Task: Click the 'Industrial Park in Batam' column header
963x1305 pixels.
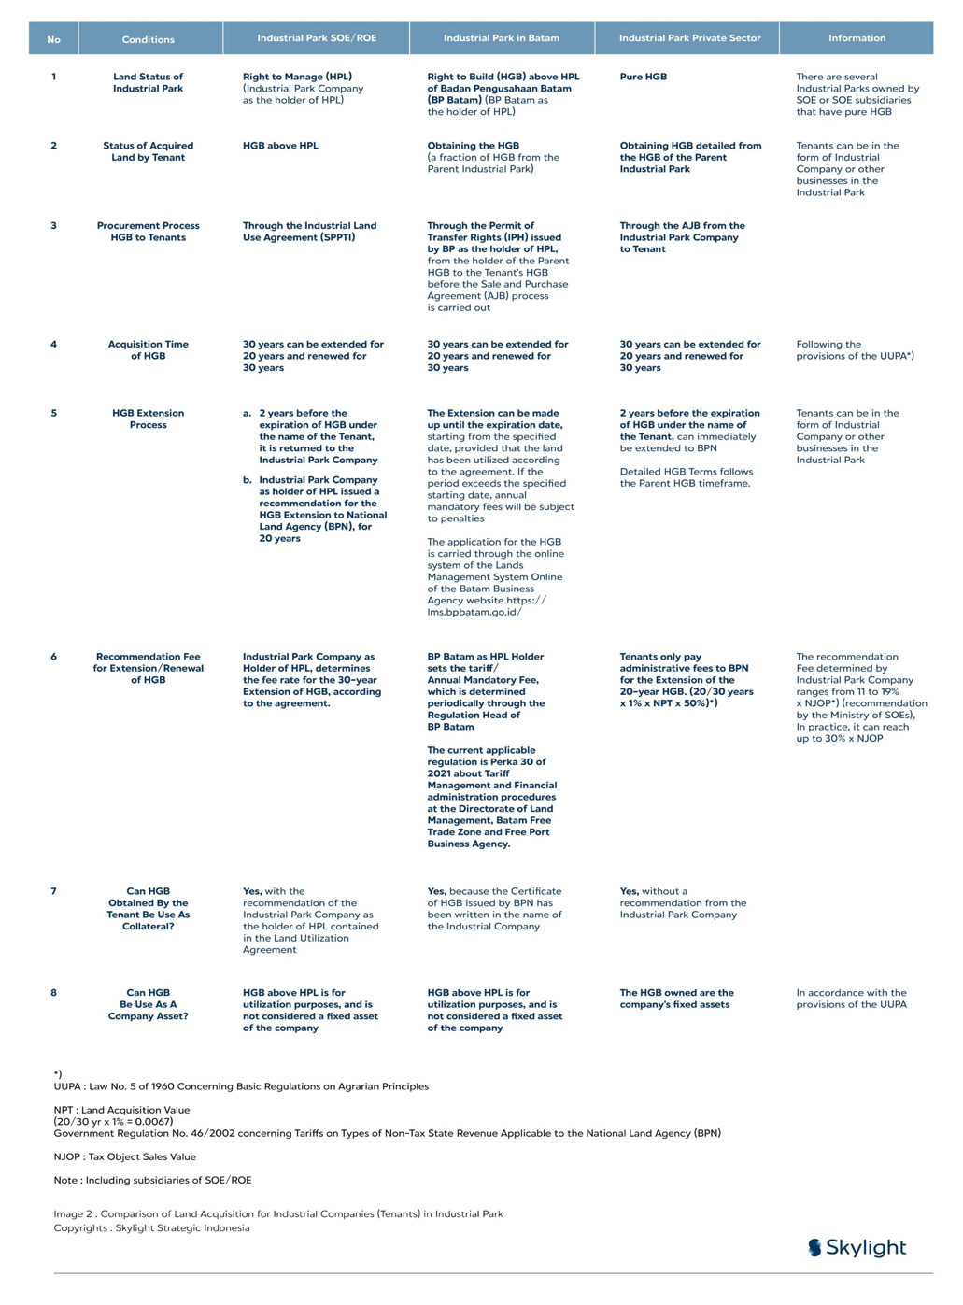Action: point(502,38)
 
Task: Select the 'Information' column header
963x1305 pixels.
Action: point(857,38)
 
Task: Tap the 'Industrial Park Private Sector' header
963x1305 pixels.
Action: point(689,38)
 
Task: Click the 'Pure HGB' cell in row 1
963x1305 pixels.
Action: point(644,77)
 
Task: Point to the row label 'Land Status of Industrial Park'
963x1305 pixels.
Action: point(148,82)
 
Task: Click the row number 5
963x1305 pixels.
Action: point(53,413)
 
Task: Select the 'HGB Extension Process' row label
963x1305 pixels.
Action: point(148,418)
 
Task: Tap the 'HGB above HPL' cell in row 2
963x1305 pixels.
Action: point(280,146)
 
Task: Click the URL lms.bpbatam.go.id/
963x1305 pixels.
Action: point(474,612)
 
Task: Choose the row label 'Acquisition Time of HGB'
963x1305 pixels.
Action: point(148,350)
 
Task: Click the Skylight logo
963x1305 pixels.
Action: point(857,1247)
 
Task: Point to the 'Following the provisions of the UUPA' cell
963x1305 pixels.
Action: point(855,350)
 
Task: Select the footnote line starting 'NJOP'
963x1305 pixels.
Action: point(125,1156)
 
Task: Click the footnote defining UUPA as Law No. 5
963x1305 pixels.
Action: point(241,1086)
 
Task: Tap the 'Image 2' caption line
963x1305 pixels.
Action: point(278,1213)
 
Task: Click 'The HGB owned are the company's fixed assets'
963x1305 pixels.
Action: point(676,999)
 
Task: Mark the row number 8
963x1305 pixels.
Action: point(53,993)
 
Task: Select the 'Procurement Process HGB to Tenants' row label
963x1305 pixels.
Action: point(148,232)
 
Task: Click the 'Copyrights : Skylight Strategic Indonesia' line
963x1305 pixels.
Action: point(151,1227)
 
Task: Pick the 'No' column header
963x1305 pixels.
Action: point(53,39)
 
